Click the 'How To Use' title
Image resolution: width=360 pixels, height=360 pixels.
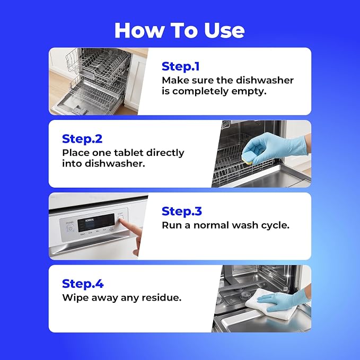[180, 30]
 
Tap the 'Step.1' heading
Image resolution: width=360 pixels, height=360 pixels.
[181, 66]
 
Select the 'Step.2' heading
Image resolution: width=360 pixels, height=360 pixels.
[82, 139]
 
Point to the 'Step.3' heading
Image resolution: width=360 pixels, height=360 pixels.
[182, 211]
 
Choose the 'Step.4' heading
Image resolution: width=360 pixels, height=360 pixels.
[83, 284]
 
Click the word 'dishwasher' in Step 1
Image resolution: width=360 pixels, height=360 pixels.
[265, 81]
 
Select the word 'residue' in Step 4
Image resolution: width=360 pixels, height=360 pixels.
[161, 297]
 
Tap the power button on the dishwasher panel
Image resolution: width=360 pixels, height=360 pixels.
[71, 229]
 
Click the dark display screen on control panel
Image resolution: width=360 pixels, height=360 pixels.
[96, 223]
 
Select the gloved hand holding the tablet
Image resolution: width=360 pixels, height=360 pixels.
[276, 147]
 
